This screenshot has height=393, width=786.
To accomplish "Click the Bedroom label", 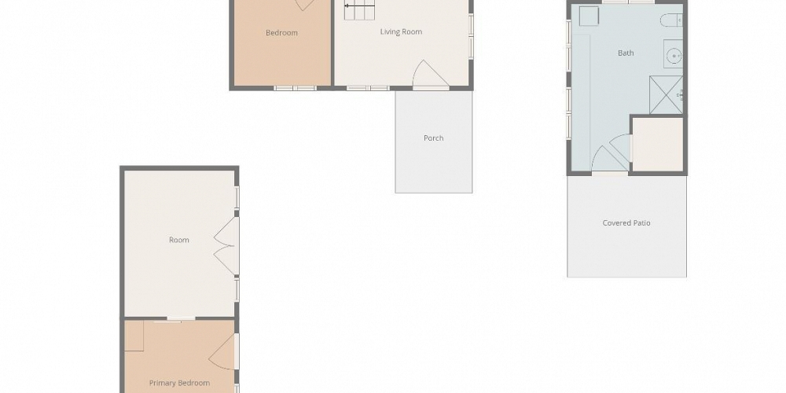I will [281, 33].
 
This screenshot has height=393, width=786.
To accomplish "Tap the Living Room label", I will [401, 32].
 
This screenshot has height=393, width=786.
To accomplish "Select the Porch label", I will [433, 138].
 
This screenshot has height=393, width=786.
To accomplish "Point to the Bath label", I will [626, 53].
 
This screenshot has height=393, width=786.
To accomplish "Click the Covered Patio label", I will [626, 223].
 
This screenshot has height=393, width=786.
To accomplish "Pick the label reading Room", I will [179, 240].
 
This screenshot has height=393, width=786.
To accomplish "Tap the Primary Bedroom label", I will [179, 383].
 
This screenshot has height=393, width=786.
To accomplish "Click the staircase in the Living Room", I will [360, 11].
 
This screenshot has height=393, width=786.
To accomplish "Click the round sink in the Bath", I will [674, 56].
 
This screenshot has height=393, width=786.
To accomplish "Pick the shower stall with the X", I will [665, 95].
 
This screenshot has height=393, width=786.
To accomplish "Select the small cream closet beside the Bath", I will [657, 144].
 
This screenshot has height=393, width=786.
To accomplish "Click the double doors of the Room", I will [227, 246].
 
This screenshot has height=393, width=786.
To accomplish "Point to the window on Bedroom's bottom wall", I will [294, 87].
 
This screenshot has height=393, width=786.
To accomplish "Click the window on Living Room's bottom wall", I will [368, 87].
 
